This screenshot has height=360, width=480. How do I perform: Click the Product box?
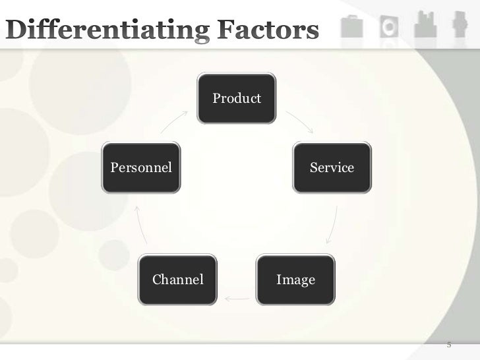coord(237,100)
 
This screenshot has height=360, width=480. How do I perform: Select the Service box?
coord(332,167)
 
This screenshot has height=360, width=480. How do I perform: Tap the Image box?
coord(295,280)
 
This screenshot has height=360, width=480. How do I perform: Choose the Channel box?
coord(178,280)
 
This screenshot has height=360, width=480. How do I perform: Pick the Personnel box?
coord(141,167)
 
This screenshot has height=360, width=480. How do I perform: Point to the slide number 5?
coord(449,344)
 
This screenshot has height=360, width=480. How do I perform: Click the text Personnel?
coord(141,167)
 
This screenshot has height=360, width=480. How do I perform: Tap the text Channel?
coord(178,280)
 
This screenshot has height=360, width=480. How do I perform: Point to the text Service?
coord(332,167)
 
